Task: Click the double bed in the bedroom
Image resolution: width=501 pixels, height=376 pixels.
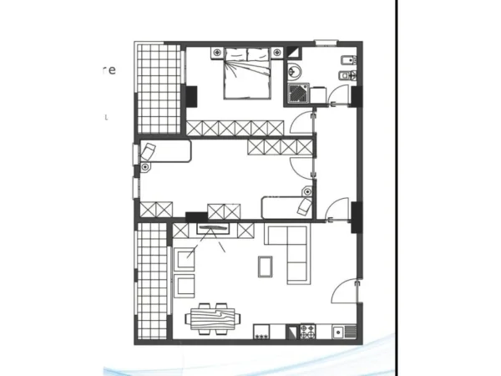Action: pos(246,74)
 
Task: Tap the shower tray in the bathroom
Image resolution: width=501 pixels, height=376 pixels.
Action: pos(298,94)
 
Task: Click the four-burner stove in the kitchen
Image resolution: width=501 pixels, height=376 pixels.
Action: pos(308,332)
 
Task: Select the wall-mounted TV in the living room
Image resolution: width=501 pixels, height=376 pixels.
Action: pos(212,227)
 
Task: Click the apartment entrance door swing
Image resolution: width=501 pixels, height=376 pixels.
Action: pos(344,290)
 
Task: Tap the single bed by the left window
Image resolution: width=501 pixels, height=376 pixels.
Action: pos(165,153)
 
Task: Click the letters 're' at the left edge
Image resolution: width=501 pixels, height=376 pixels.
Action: pos(116,70)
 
